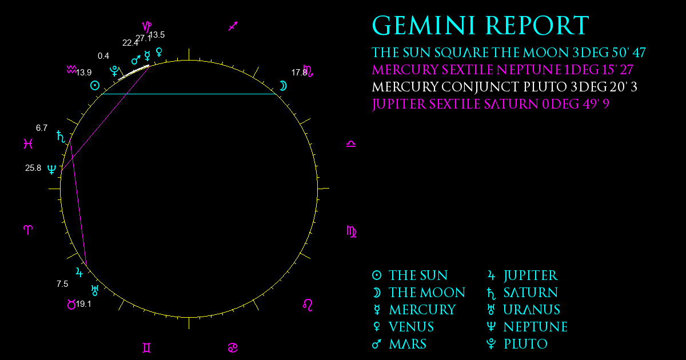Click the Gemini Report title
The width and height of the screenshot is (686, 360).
pos(480,26)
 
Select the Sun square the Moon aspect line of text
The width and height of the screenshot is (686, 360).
pos(509,53)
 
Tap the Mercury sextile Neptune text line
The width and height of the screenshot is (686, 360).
pos(502,70)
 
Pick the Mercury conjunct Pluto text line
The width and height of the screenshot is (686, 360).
pos(504,87)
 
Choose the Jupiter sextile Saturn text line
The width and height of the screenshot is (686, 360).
pos(490,104)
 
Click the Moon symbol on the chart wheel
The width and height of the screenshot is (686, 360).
pos(284,86)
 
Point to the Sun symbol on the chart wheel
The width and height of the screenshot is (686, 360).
pos(95,85)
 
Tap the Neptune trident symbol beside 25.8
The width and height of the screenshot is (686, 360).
pos(52,169)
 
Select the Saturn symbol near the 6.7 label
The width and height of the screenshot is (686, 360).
pos(61,137)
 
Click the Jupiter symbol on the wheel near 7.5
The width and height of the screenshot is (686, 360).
pos(79,272)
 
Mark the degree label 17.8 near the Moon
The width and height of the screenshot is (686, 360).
pos(299,73)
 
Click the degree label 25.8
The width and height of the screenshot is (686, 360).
pos(33,168)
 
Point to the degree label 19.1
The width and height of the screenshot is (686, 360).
pos(83,304)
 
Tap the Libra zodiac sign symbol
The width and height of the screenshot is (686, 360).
pos(351,144)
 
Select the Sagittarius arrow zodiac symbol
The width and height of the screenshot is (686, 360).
pos(233,26)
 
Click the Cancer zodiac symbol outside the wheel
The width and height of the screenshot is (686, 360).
pos(233,348)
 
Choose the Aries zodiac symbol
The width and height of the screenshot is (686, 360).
pos(28,230)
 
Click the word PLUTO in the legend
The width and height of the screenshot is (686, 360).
pos(525,344)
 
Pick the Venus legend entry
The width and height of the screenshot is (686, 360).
pos(404,327)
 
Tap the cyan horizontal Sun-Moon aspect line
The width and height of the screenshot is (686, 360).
pos(189,94)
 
